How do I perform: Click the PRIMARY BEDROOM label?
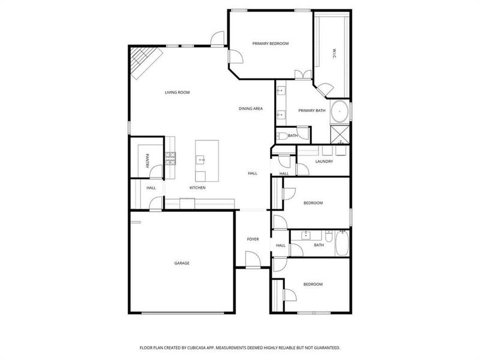[x=271, y=43]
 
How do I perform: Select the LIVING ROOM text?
[x=178, y=92]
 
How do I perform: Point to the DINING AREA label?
[x=251, y=109]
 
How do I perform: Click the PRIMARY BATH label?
[x=312, y=110]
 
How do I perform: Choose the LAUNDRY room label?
[x=324, y=161]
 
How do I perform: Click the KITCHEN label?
[x=198, y=188]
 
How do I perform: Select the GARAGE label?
[x=182, y=263]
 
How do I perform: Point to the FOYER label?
[x=253, y=239]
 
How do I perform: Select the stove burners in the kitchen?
[x=171, y=158]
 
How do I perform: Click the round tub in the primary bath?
[x=340, y=112]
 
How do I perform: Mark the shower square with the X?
[x=340, y=134]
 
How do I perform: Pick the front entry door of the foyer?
[x=253, y=259]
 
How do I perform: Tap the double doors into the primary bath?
[x=304, y=74]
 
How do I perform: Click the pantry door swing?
[x=157, y=172]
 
